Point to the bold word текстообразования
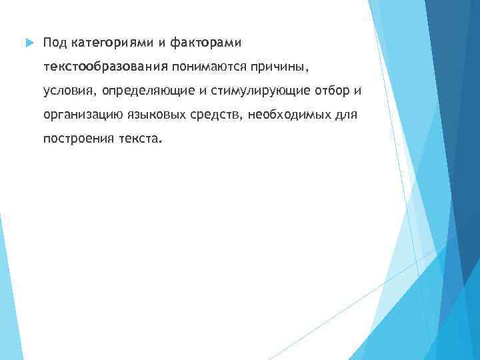(105, 67)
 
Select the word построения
(75, 139)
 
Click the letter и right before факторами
(163, 43)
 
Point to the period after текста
(160, 141)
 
